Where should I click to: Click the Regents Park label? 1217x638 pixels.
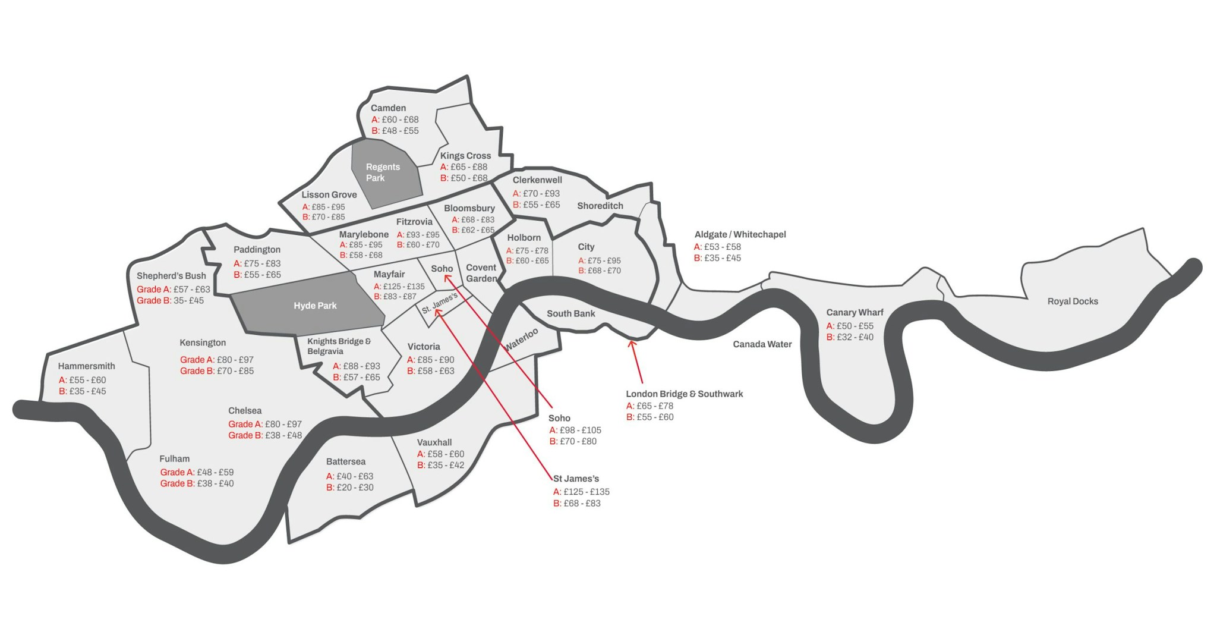pos(382,172)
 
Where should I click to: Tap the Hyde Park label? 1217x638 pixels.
pos(315,306)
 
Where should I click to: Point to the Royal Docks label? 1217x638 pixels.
pos(1072,301)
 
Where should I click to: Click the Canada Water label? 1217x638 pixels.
pos(762,344)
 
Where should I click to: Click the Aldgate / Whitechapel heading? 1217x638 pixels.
pos(740,235)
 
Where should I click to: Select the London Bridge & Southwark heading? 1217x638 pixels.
pos(684,394)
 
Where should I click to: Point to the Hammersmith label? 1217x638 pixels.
pos(87,366)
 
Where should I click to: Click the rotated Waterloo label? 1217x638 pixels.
pos(522,339)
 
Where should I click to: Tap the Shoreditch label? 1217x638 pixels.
pos(600,206)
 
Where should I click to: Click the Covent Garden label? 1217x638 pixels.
pos(481,274)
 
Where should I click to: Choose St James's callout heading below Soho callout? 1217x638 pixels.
pos(576,479)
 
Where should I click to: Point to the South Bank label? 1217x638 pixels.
pos(570,314)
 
